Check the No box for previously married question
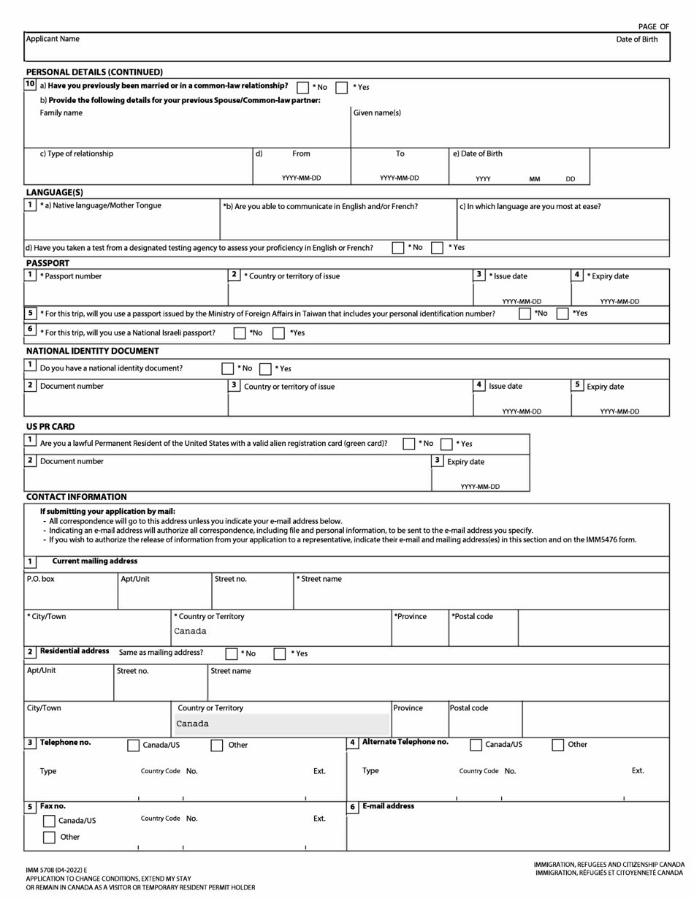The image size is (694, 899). pos(303,88)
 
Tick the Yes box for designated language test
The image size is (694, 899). pos(437,248)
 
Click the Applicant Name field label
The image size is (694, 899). pos(53,39)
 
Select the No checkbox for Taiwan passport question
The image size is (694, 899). pos(525,314)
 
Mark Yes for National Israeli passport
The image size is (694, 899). pos(278,333)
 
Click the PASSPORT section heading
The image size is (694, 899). pos(48,263)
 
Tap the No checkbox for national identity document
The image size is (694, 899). pos(228,369)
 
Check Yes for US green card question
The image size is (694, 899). pos(447,444)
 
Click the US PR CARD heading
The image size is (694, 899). pos(50,427)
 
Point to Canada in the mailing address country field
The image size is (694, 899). pos(190,631)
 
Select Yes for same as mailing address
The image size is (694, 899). pos(280,653)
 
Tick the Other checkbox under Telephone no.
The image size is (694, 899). pos(217,746)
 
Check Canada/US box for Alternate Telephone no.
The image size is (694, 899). pos(476,746)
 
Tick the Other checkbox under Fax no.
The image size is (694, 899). pos(49,838)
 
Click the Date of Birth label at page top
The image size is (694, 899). pos(636,39)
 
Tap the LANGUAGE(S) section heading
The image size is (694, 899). pos(55,193)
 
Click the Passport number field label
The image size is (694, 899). pos(71,276)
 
